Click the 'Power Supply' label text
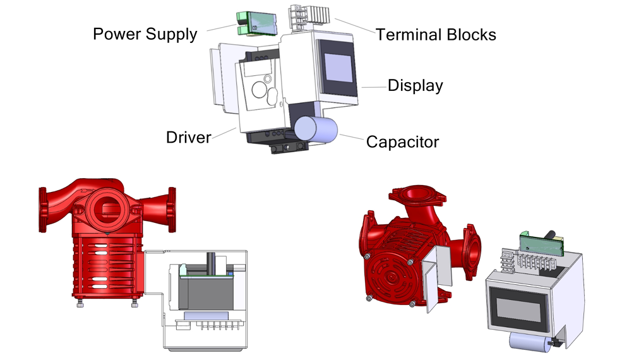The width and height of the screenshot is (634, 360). [145, 34]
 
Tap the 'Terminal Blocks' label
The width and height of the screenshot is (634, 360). [436, 35]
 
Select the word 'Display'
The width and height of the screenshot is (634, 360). [416, 86]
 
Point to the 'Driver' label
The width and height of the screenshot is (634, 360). [188, 138]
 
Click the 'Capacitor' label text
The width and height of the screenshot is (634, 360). [402, 142]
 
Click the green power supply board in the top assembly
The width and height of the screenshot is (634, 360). [256, 23]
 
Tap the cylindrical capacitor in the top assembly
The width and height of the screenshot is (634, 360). [316, 129]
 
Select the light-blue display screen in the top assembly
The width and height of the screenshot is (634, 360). [338, 68]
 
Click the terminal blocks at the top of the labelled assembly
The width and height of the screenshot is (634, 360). [309, 16]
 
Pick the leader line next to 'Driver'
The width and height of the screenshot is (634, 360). [224, 133]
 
